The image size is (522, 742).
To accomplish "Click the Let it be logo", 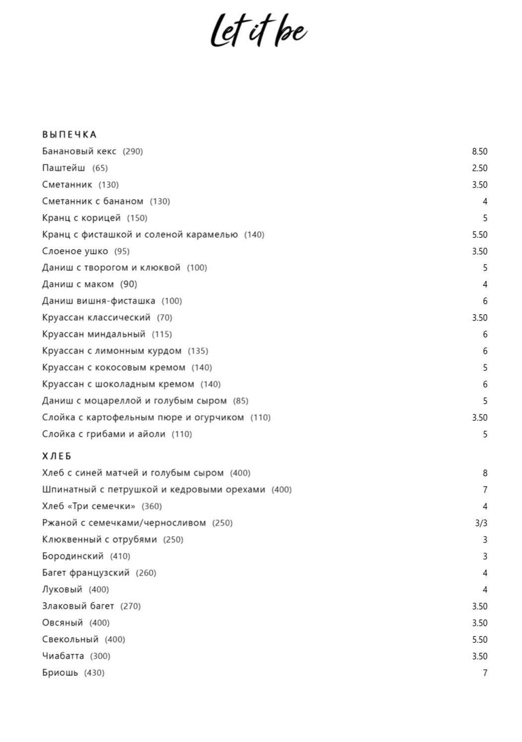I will [x=258, y=31].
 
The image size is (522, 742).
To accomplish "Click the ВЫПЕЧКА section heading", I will [x=69, y=135].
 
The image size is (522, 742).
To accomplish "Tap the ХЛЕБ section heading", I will [x=57, y=456].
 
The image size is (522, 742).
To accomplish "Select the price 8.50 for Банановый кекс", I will [x=479, y=151].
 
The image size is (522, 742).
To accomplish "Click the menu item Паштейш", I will [x=64, y=168].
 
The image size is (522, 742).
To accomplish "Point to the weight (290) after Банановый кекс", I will [x=133, y=151].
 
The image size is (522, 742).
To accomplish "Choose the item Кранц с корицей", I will [x=81, y=218].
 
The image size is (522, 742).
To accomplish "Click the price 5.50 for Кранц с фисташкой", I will [x=479, y=235].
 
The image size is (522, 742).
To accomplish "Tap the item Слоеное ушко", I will [x=75, y=251].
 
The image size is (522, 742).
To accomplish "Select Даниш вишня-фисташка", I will [x=98, y=301].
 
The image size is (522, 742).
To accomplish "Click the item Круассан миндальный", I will [x=94, y=334].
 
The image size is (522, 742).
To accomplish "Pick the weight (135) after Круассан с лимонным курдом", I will [x=198, y=351].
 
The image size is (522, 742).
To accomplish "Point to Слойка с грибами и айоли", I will [x=103, y=434].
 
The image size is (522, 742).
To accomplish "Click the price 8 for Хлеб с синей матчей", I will [x=485, y=473].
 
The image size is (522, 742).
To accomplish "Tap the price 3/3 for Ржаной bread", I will [x=481, y=523].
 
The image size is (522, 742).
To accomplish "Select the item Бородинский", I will [x=73, y=556].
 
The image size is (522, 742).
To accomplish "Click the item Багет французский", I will [x=85, y=573].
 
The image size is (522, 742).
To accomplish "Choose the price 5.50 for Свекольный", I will [x=479, y=640].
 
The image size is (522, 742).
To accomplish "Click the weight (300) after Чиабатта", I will [x=100, y=656].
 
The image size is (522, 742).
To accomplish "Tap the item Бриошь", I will [x=60, y=673].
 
